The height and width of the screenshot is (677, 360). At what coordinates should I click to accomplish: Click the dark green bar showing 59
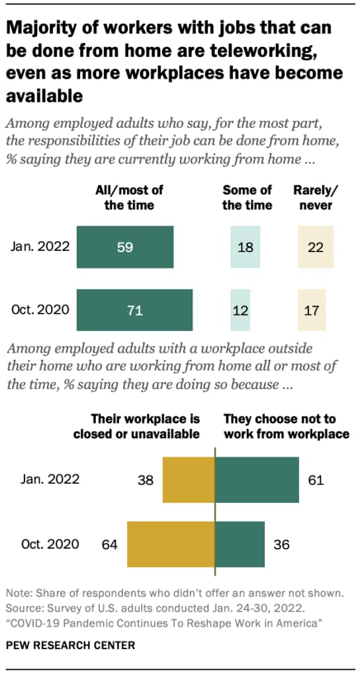click(x=125, y=247)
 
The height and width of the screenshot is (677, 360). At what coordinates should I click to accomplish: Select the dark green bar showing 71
click(x=134, y=309)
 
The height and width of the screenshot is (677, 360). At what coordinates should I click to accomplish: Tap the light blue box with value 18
click(x=246, y=247)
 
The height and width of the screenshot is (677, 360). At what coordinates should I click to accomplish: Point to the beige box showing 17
click(x=312, y=309)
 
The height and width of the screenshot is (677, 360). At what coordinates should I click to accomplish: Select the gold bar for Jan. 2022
click(x=188, y=480)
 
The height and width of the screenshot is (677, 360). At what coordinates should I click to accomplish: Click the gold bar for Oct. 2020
click(x=171, y=545)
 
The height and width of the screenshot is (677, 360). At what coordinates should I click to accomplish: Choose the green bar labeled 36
click(x=240, y=545)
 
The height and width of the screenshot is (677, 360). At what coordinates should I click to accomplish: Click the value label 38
click(x=144, y=480)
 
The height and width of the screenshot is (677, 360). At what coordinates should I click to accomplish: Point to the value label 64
click(x=109, y=545)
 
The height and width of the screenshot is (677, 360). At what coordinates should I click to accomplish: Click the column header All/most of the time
click(x=129, y=197)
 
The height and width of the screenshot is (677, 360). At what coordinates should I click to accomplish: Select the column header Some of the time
click(x=246, y=197)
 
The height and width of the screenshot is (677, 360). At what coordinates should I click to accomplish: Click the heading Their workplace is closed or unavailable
click(x=145, y=427)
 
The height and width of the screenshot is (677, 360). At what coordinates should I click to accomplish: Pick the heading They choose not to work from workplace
click(x=286, y=427)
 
